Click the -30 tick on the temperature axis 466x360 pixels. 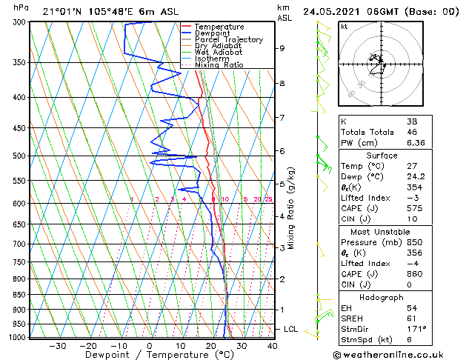pos(57,346)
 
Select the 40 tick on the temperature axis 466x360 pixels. pos(273,346)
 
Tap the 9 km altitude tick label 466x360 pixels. pos(282,48)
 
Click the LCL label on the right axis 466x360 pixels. pos(291,329)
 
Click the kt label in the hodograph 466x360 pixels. pos(344,27)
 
